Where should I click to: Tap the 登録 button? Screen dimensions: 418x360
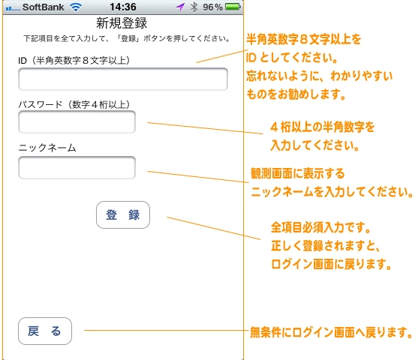coord(123,214)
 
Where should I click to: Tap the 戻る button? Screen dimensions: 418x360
coord(45,331)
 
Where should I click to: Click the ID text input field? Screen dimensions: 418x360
coord(123,79)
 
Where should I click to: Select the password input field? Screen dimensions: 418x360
coord(77,121)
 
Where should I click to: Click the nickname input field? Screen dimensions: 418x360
coord(77,167)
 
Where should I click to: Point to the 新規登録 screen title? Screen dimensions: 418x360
coord(122,23)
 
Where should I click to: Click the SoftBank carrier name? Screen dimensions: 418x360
coord(44,7)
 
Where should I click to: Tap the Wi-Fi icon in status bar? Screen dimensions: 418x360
coord(76,7)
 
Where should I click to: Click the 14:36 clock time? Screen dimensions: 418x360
coord(123,7)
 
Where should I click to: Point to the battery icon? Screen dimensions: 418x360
coord(233,7)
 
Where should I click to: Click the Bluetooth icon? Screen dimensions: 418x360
coord(194,7)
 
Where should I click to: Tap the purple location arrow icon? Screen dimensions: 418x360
coord(180,7)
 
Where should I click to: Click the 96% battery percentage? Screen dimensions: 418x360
coord(212,7)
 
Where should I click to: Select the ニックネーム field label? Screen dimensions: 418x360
coord(47,147)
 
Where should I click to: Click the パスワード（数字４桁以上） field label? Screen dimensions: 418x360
coord(74,104)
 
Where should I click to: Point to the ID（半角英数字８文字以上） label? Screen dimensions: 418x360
coord(74,61)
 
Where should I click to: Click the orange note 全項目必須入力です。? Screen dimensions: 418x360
coord(321,227)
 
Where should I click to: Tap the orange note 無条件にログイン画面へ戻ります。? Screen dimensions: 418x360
coord(331,332)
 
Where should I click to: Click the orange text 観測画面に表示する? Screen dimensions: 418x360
coord(298,173)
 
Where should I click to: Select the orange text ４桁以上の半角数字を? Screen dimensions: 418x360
coord(323,127)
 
